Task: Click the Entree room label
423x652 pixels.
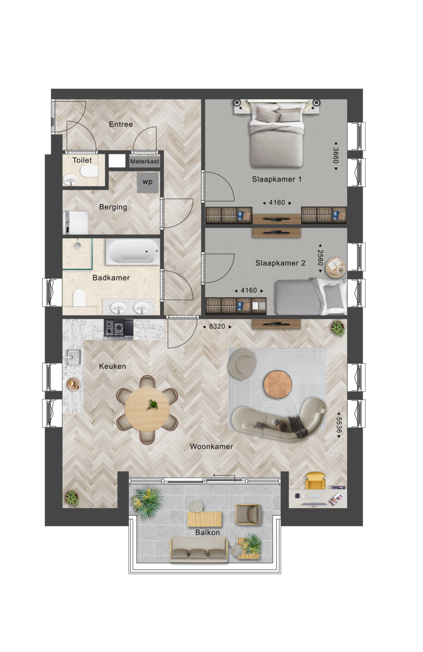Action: (121, 125)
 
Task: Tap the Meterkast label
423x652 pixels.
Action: (144, 161)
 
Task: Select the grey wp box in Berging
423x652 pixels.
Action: (148, 182)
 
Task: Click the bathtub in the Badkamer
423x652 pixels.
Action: (133, 252)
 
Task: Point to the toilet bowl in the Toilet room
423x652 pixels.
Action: (89, 171)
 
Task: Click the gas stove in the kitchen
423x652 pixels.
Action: (119, 329)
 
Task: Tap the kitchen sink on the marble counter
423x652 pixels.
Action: (73, 357)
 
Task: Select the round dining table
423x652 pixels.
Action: (147, 410)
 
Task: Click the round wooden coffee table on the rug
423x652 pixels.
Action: (278, 385)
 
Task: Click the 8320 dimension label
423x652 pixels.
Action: (217, 327)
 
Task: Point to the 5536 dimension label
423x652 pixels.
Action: (339, 425)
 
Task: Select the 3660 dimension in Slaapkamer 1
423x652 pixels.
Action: (336, 156)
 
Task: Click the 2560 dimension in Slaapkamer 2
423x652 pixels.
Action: (320, 258)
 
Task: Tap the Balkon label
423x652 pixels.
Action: (207, 533)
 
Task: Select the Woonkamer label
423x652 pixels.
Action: (211, 447)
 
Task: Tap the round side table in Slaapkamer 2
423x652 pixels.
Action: (336, 267)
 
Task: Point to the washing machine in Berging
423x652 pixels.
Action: (76, 223)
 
